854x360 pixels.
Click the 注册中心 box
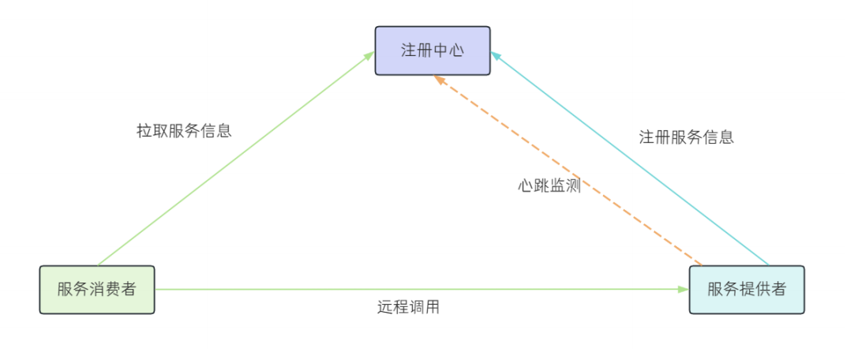pyautogui.click(x=433, y=51)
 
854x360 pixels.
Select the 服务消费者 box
pyautogui.click(x=97, y=290)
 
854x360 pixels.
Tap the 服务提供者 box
pyautogui.click(x=747, y=290)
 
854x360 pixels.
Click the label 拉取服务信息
pyautogui.click(x=184, y=131)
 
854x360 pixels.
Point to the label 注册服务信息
pyautogui.click(x=686, y=137)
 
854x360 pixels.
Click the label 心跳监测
pyautogui.click(x=549, y=186)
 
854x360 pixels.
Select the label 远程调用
pyautogui.click(x=408, y=308)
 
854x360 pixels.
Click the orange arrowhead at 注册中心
pyautogui.click(x=439, y=79)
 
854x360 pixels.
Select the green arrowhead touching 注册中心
pyautogui.click(x=369, y=54)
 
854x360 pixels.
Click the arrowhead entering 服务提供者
pyautogui.click(x=684, y=290)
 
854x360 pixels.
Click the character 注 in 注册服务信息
pyautogui.click(x=646, y=137)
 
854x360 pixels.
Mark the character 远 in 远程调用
pyautogui.click(x=385, y=308)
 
